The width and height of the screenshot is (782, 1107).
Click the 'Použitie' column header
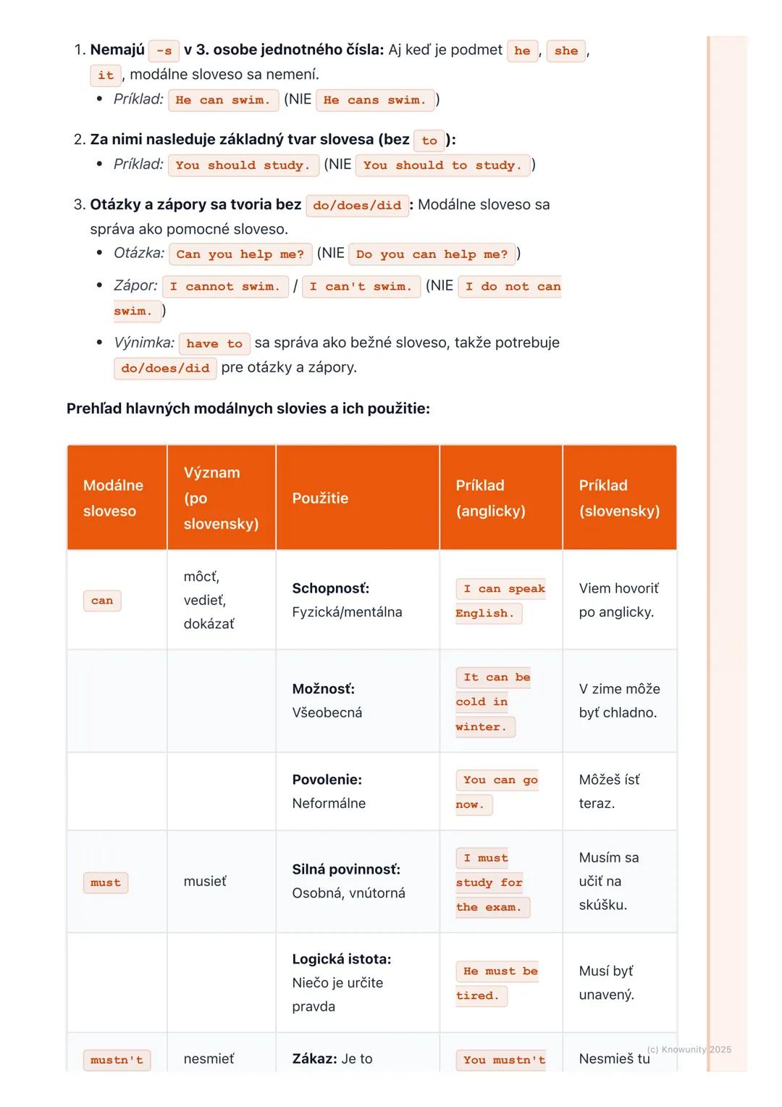coord(320,498)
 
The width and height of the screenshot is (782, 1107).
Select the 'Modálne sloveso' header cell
coord(114,498)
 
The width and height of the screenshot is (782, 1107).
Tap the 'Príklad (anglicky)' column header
coord(490,498)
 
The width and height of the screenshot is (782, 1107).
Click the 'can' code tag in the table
coord(102,601)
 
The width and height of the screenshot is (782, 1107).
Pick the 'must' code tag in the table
coord(106,882)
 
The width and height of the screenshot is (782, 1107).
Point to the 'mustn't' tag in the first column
coord(117,1060)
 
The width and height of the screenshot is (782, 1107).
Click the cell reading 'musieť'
coord(205,881)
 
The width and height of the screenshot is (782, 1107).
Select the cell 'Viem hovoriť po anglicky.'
coord(618,600)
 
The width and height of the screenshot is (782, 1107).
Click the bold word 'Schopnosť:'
coord(331,588)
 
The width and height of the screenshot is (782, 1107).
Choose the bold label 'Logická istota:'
coord(342,959)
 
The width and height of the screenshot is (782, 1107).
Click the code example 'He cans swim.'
coord(375,100)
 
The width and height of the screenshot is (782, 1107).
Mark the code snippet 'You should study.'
coord(243,165)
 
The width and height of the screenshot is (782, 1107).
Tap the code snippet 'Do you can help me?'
coord(432,254)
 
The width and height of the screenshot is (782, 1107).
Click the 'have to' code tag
coord(214,344)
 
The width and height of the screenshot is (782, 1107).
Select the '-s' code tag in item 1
coord(164,51)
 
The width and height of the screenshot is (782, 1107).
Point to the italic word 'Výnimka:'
coord(144,343)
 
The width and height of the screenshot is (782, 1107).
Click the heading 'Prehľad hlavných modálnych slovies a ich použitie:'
coord(248,409)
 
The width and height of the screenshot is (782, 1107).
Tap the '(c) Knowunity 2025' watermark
coord(689,1049)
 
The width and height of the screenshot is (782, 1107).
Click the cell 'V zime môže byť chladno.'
coord(619,701)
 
